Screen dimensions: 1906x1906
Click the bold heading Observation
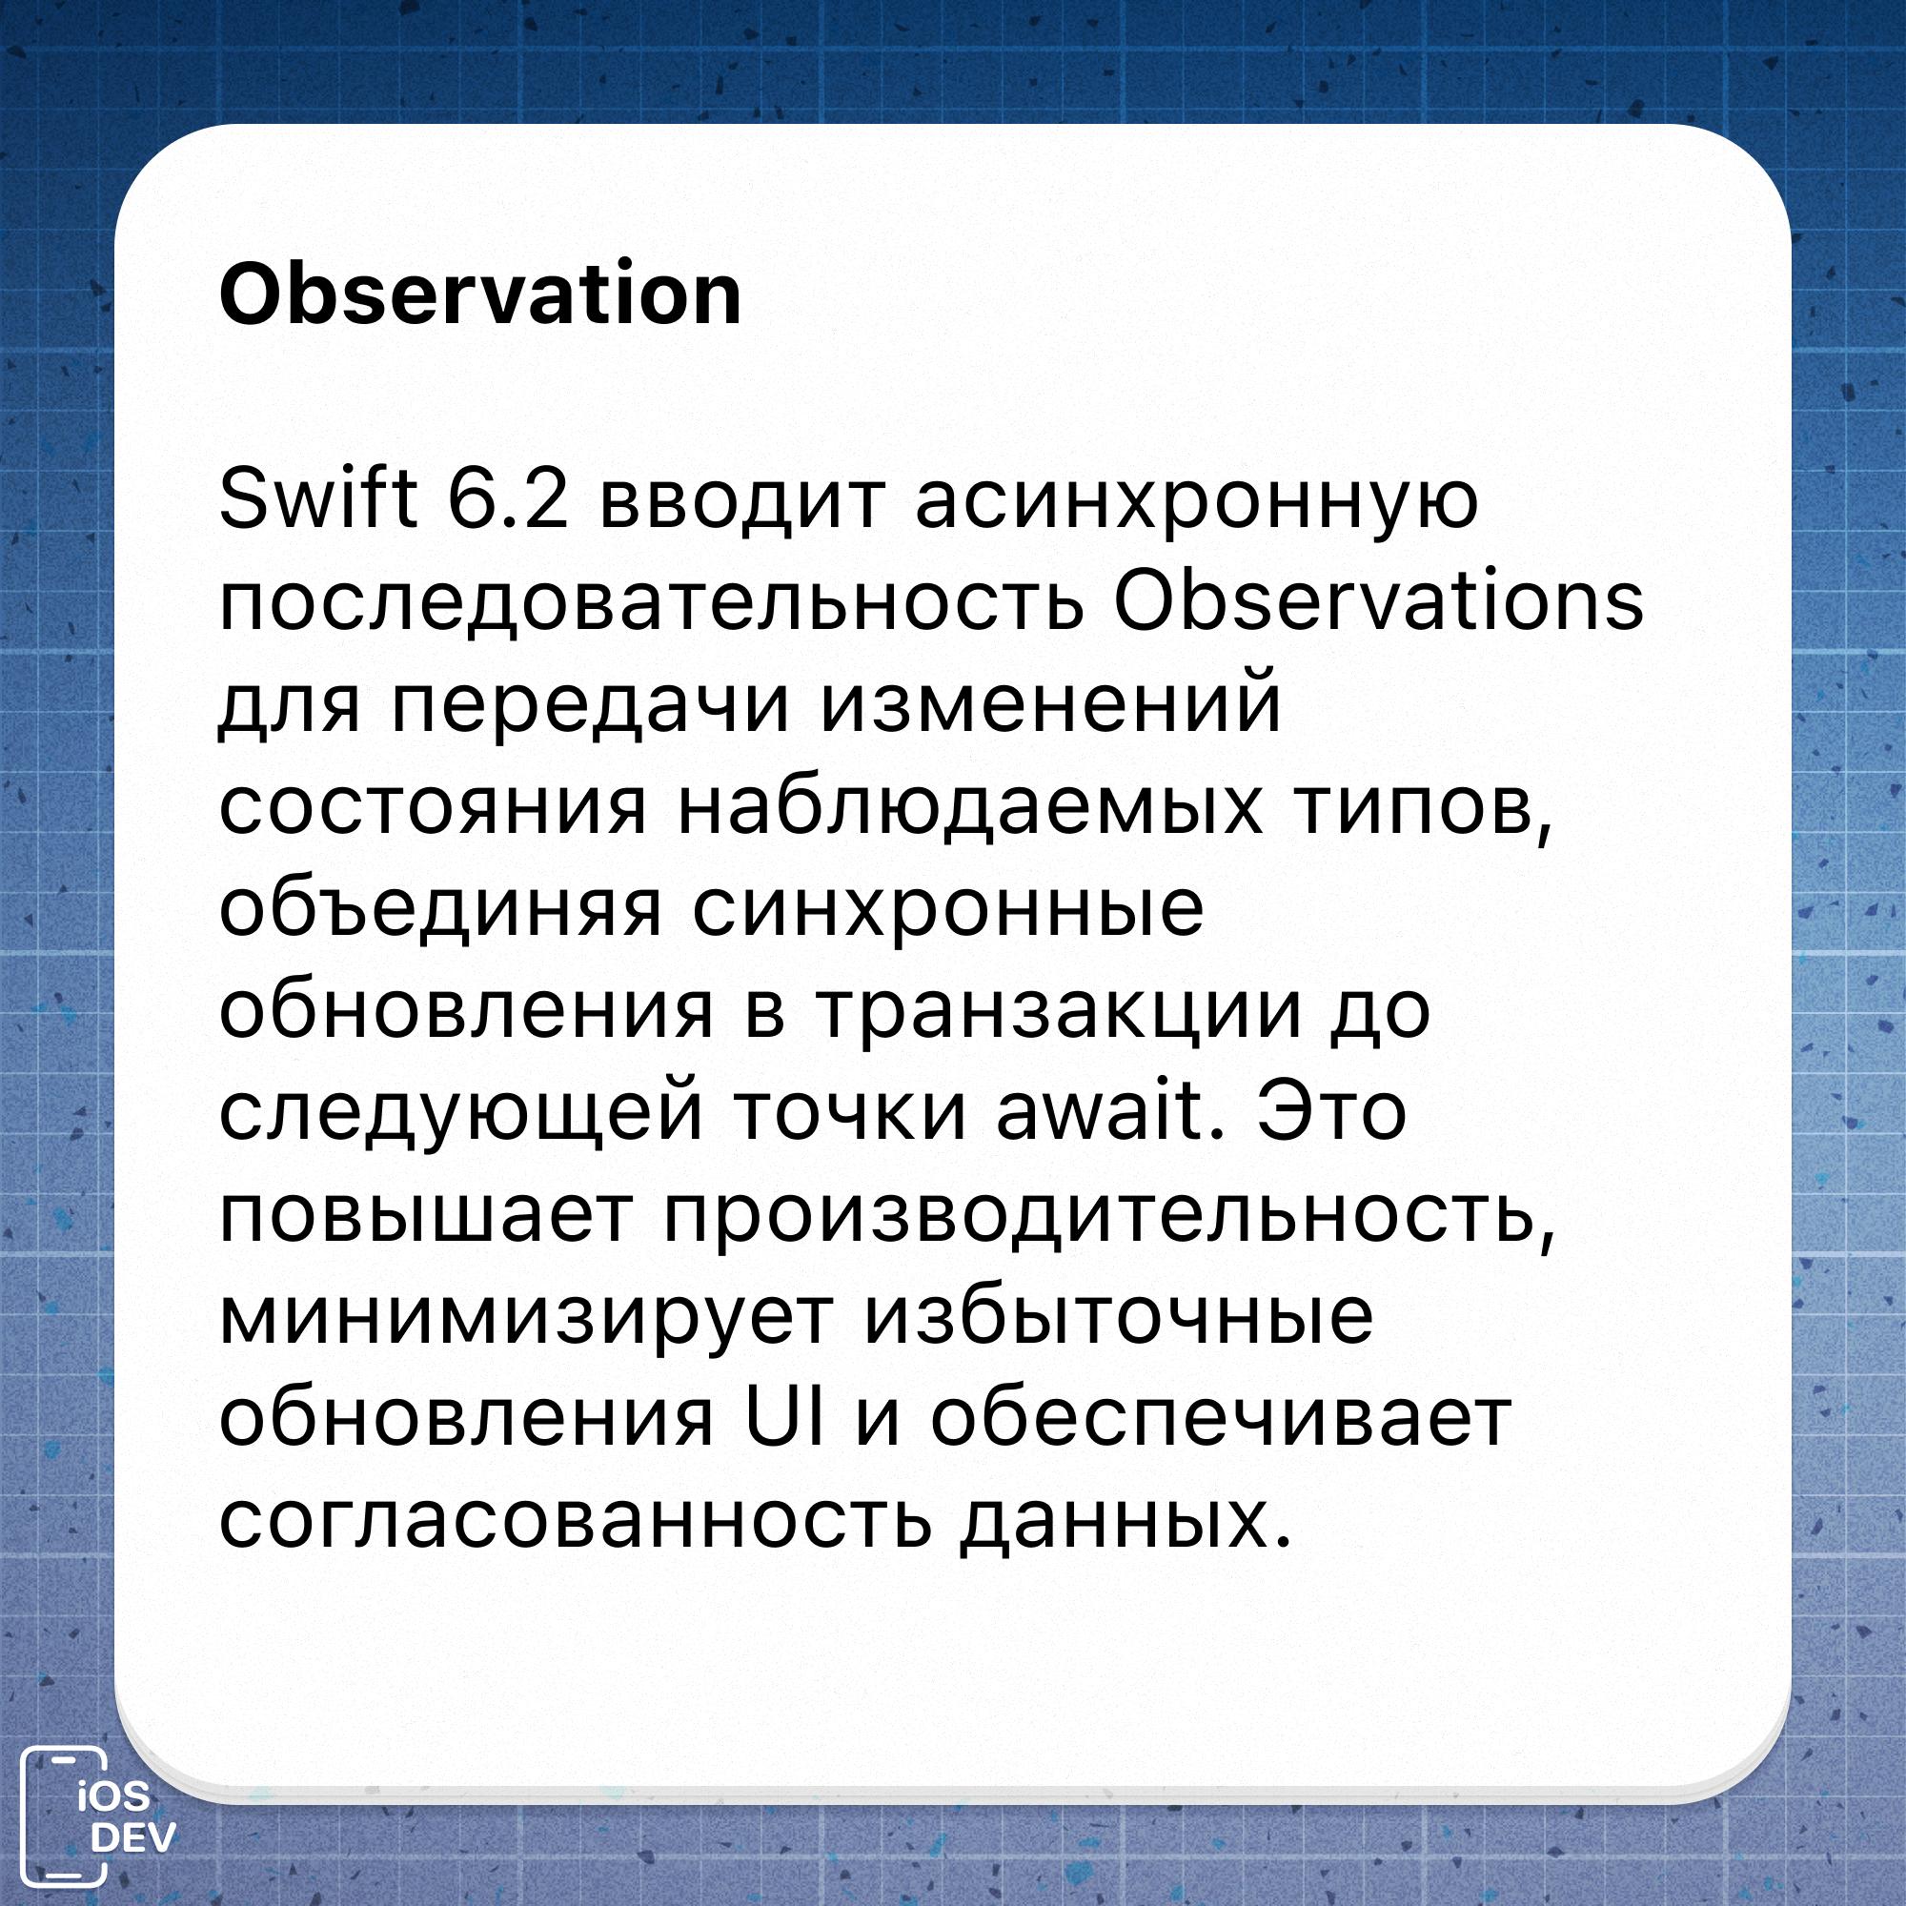(479, 293)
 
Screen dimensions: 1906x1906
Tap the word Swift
(317, 499)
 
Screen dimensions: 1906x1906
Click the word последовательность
(651, 603)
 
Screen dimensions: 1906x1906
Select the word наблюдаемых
(970, 807)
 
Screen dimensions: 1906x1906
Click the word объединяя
(440, 908)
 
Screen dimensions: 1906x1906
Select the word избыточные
(1119, 1317)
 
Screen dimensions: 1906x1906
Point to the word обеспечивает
(1222, 1418)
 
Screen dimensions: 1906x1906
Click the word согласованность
(576, 1520)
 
